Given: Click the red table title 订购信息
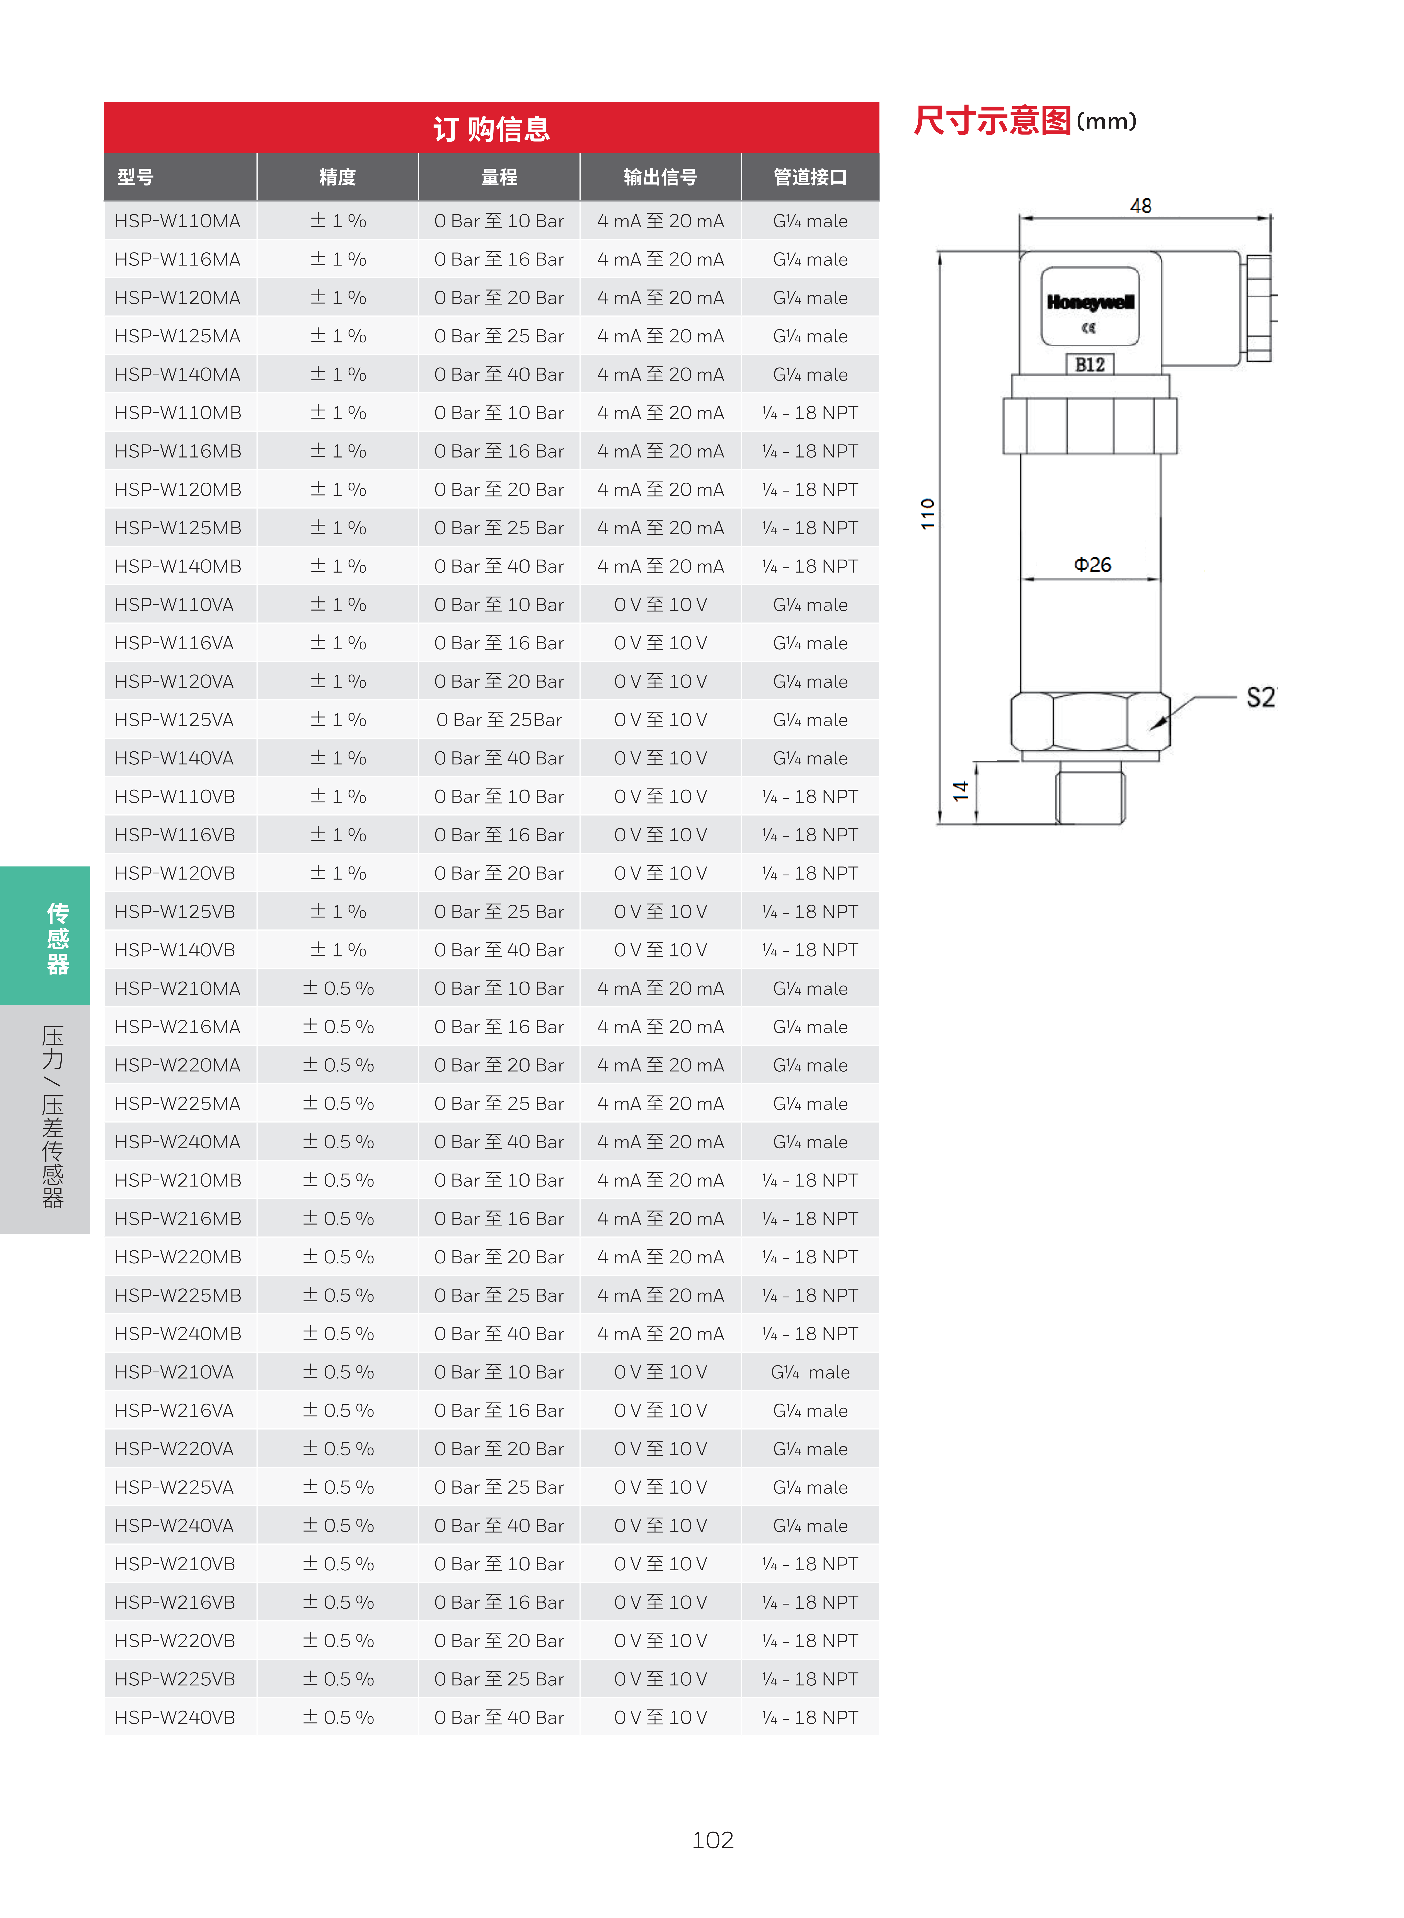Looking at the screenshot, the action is pyautogui.click(x=491, y=129).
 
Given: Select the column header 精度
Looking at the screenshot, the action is pyautogui.click(x=337, y=177).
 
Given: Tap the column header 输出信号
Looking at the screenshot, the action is pyautogui.click(x=660, y=177).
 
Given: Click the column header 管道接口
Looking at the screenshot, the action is pyautogui.click(x=810, y=177).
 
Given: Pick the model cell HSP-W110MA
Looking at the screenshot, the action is pyautogui.click(x=178, y=221).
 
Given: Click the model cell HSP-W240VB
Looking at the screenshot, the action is pyautogui.click(x=175, y=1717).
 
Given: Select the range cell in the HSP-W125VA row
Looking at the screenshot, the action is pyautogui.click(x=499, y=720).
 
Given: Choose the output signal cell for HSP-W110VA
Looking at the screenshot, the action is pyautogui.click(x=660, y=605).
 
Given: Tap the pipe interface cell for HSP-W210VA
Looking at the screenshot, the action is pyautogui.click(x=810, y=1372).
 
